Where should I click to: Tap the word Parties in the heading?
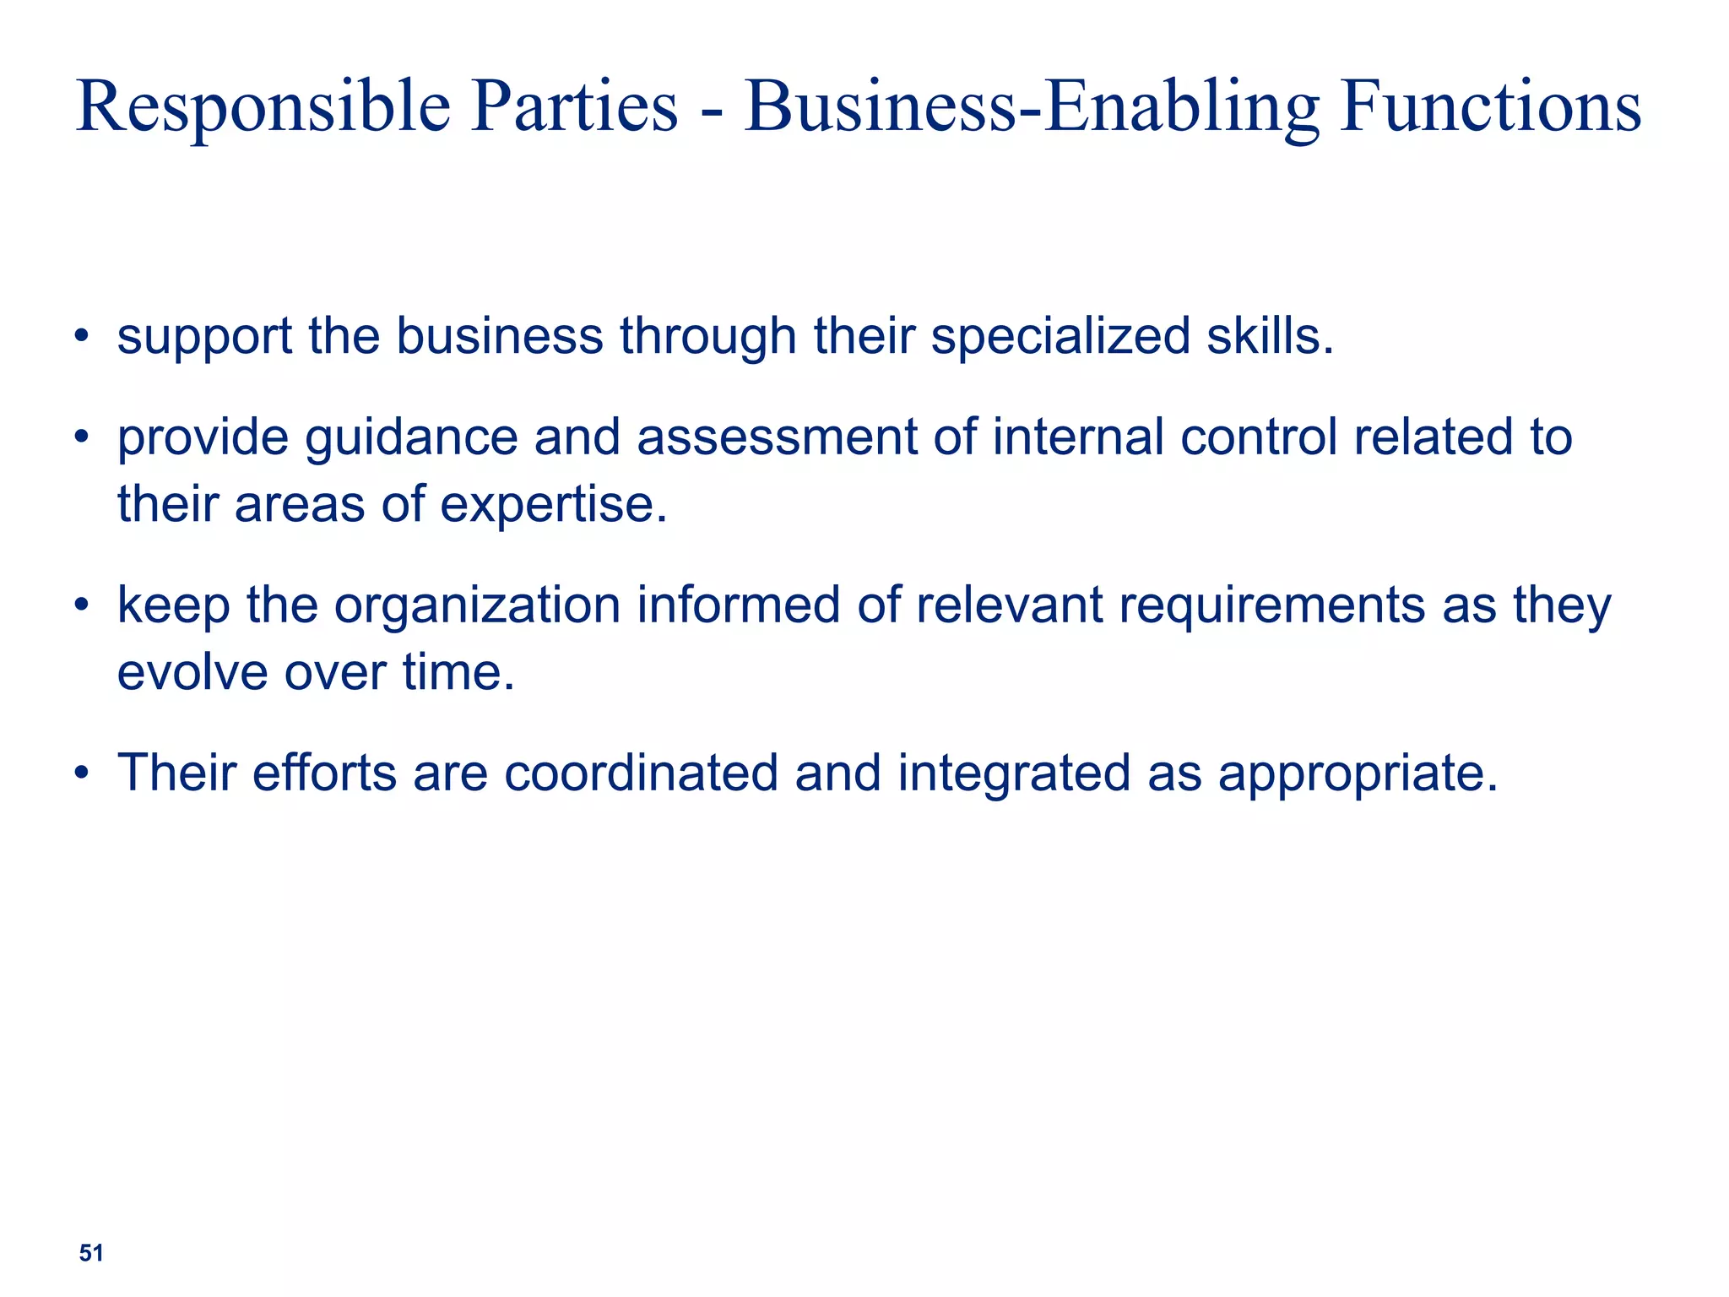point(574,107)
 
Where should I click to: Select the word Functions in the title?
point(1491,107)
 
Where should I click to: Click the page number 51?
point(91,1253)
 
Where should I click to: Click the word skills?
point(1270,336)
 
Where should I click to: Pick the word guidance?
point(411,438)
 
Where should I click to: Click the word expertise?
point(553,505)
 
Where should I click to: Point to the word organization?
point(478,606)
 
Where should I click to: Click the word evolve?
point(192,673)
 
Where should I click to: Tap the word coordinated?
point(642,773)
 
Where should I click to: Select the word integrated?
point(1013,773)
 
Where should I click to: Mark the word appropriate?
point(1358,773)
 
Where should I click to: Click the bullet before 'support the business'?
point(81,337)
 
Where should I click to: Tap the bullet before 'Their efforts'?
point(81,773)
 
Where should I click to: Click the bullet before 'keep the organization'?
point(81,606)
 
